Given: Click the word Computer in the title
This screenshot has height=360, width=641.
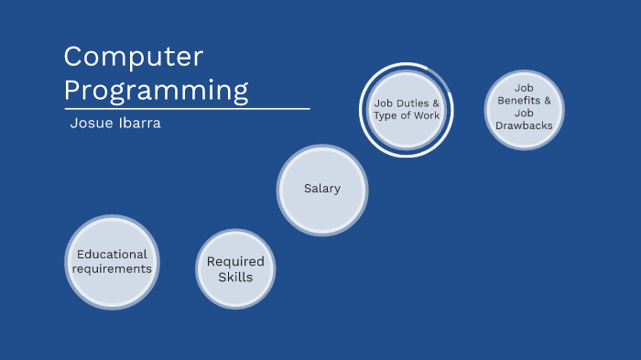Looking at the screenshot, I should click(133, 57).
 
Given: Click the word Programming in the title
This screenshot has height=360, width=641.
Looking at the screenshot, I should click(156, 90).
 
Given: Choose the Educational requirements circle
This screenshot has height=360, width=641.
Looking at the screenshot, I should click(112, 262).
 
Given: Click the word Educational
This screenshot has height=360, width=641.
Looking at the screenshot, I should click(112, 255).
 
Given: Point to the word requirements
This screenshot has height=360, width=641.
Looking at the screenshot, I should click(112, 268).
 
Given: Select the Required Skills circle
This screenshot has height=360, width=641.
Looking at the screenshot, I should click(235, 268).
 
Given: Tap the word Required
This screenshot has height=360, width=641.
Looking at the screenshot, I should click(235, 261).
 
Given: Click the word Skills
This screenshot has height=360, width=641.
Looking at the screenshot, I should click(235, 277).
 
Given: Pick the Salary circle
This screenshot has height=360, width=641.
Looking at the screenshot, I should click(322, 189).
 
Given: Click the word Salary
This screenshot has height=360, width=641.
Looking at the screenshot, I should click(322, 189).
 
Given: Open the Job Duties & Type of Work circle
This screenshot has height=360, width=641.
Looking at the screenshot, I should click(407, 110).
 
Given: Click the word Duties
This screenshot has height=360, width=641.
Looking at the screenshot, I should click(410, 104).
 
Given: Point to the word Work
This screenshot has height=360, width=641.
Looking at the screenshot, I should click(426, 116).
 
